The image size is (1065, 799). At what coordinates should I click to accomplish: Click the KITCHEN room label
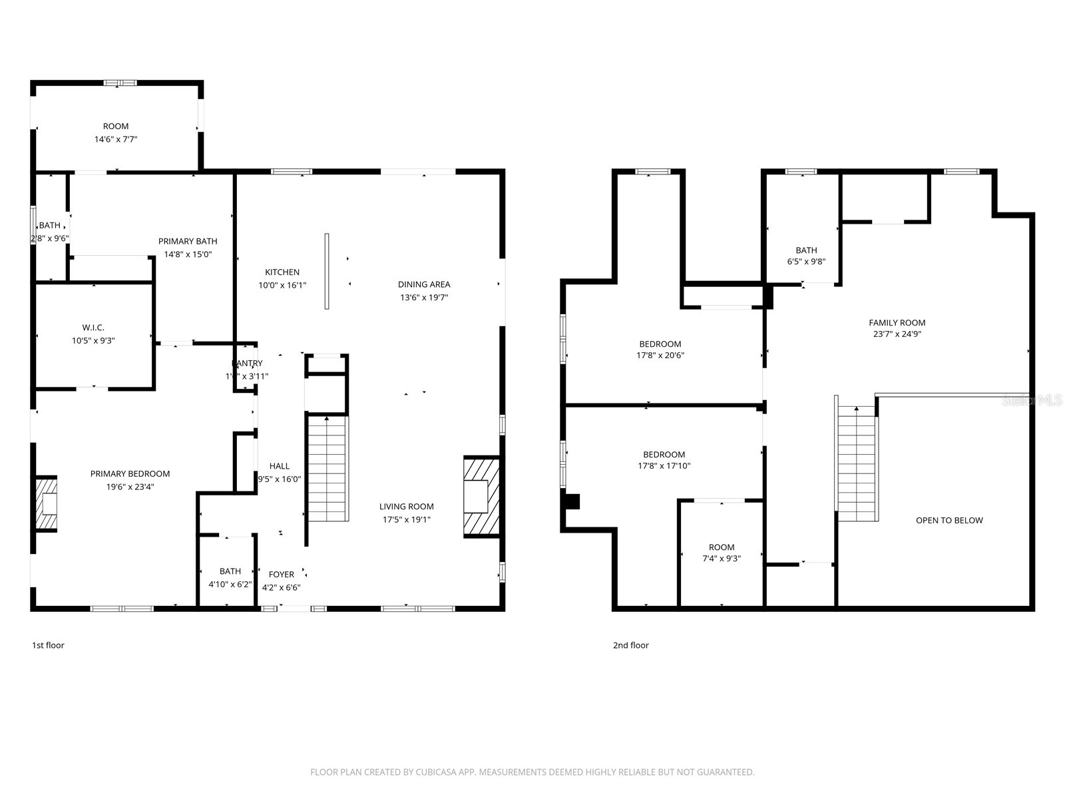pos(282,272)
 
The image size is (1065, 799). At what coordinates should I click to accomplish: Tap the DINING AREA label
pos(424,284)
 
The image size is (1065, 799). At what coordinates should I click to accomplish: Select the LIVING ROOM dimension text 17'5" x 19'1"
pos(406,519)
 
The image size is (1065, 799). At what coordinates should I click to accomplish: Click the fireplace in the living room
pos(481,496)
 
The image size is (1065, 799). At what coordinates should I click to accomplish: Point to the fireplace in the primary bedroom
pos(46,504)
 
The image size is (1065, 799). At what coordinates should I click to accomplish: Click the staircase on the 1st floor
pos(327,469)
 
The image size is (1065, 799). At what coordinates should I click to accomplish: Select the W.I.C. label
pos(93,328)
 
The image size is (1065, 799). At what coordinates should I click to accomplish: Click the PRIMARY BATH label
pos(188,241)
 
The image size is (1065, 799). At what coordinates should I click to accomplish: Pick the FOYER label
pos(281,575)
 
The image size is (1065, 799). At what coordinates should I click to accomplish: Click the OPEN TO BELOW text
pos(949,521)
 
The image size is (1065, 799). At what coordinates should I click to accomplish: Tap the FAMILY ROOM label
pos(897,323)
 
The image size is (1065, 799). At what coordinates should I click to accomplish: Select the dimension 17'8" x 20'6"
pos(660,356)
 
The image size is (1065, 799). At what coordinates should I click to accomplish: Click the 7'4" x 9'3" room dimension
pos(722,559)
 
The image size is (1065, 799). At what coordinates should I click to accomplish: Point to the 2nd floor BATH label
pos(806,250)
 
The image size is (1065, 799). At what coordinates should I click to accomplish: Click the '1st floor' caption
pos(48,645)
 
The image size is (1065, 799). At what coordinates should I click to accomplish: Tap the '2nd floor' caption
pos(630,645)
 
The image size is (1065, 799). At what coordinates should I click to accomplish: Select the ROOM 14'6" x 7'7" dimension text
pos(116,140)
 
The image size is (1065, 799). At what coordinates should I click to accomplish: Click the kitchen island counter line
pos(326,271)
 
